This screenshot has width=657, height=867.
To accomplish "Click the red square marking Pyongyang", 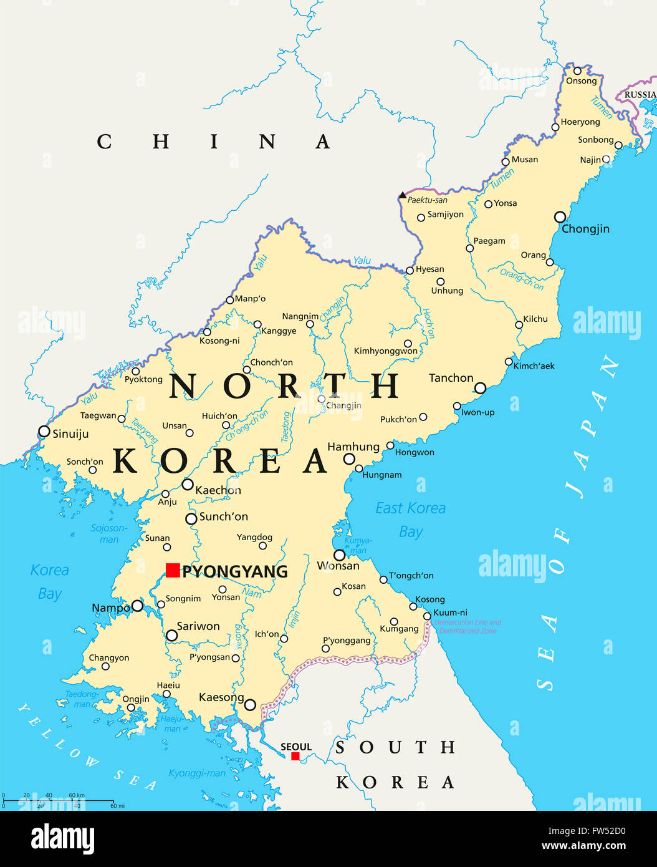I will pyautogui.click(x=173, y=570).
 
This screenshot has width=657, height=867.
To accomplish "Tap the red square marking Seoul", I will pyautogui.click(x=295, y=756).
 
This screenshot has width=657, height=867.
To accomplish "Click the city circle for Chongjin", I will pyautogui.click(x=560, y=217).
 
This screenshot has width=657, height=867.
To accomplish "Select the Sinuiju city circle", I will pyautogui.click(x=44, y=431).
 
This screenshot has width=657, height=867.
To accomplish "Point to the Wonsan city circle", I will pyautogui.click(x=339, y=555).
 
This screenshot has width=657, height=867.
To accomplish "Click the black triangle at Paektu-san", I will pyautogui.click(x=403, y=195).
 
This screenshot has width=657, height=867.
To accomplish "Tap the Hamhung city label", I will pyautogui.click(x=353, y=447).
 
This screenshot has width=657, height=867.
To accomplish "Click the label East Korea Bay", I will pyautogui.click(x=410, y=520).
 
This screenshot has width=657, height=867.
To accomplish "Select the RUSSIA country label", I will pyautogui.click(x=640, y=95).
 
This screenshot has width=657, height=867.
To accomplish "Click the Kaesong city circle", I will pyautogui.click(x=250, y=705).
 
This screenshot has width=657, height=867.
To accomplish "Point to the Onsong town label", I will pyautogui.click(x=581, y=81).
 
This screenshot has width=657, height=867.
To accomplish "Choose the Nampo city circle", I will pyautogui.click(x=137, y=606).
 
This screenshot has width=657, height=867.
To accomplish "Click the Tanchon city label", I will pyautogui.click(x=451, y=378).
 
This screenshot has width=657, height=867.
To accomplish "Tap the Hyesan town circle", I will pyautogui.click(x=410, y=271).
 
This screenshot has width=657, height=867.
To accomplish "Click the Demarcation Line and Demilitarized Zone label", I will pyautogui.click(x=468, y=626).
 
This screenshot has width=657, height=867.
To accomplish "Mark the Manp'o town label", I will pyautogui.click(x=250, y=299).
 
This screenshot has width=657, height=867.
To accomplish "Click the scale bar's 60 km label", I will pyautogui.click(x=77, y=795).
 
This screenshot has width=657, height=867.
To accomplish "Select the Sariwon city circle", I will pyautogui.click(x=171, y=636).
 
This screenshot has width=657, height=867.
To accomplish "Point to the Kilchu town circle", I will pyautogui.click(x=519, y=324).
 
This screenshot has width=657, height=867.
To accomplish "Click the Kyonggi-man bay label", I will pyautogui.click(x=197, y=773).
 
